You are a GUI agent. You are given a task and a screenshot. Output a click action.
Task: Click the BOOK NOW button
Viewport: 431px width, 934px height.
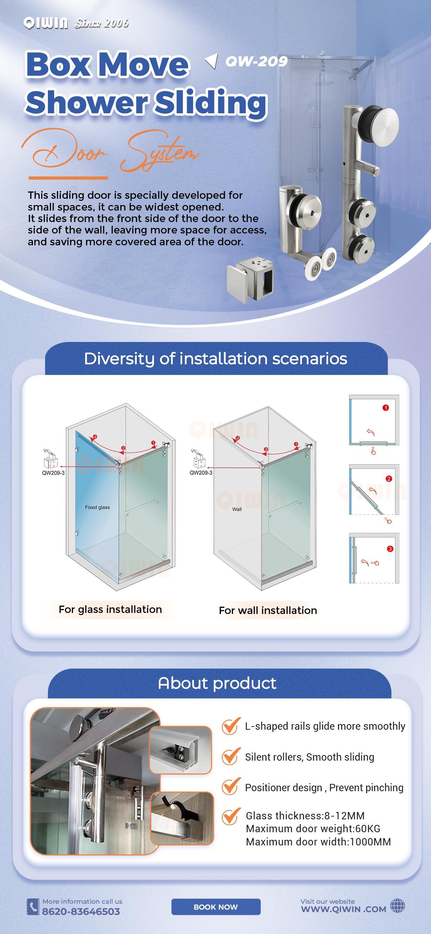[x=215, y=907]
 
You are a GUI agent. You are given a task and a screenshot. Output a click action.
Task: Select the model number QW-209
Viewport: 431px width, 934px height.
[x=256, y=61]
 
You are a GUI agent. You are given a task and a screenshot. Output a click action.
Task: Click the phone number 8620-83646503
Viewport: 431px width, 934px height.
[x=81, y=911]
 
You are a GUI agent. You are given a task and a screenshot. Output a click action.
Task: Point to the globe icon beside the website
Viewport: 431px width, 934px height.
[x=397, y=906]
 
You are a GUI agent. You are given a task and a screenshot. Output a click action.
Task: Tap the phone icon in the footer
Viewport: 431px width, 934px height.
[x=33, y=907]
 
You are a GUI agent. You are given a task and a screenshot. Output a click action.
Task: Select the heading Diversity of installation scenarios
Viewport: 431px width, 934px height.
[x=215, y=359]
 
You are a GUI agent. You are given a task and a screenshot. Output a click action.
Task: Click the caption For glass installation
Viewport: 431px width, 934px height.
[x=110, y=609]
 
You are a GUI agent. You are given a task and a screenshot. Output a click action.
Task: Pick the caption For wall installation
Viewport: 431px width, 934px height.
[x=268, y=611]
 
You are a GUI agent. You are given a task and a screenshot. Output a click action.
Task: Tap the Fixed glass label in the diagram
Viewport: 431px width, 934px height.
[x=98, y=507]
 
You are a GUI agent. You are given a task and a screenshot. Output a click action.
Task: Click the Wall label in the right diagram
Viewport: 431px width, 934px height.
[x=237, y=509]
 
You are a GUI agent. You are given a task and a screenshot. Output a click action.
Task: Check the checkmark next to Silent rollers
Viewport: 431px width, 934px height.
[x=231, y=756]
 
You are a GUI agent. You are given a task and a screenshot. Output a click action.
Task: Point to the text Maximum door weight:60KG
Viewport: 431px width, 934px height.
[x=313, y=828]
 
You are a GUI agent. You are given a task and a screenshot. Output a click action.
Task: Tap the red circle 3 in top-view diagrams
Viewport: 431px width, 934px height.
[x=390, y=549]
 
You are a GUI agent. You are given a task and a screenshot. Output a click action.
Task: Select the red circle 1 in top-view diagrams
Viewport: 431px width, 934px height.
[x=386, y=408]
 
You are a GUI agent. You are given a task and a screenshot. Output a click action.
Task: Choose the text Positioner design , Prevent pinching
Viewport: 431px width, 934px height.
[x=324, y=787]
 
